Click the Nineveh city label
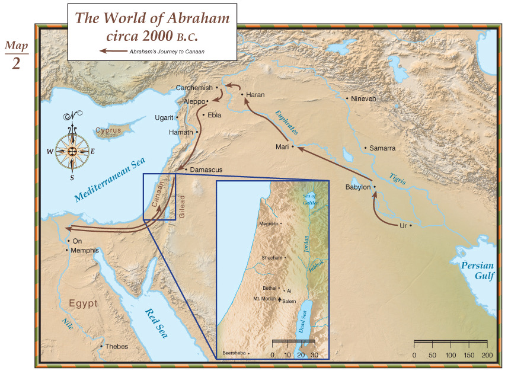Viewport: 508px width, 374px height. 363,98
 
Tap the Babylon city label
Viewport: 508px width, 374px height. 357,187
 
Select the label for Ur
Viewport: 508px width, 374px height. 403,226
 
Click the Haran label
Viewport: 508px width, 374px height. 255,95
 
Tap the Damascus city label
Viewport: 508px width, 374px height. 206,170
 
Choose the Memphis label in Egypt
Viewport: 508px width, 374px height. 85,251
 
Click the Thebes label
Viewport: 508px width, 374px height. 116,347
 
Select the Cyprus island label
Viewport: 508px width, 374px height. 108,130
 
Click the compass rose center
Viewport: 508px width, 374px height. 72,151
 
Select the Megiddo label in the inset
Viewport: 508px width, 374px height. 269,224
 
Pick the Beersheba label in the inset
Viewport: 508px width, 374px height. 234,353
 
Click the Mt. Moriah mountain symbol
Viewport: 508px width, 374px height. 280,300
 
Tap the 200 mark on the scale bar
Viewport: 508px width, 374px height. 487,354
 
